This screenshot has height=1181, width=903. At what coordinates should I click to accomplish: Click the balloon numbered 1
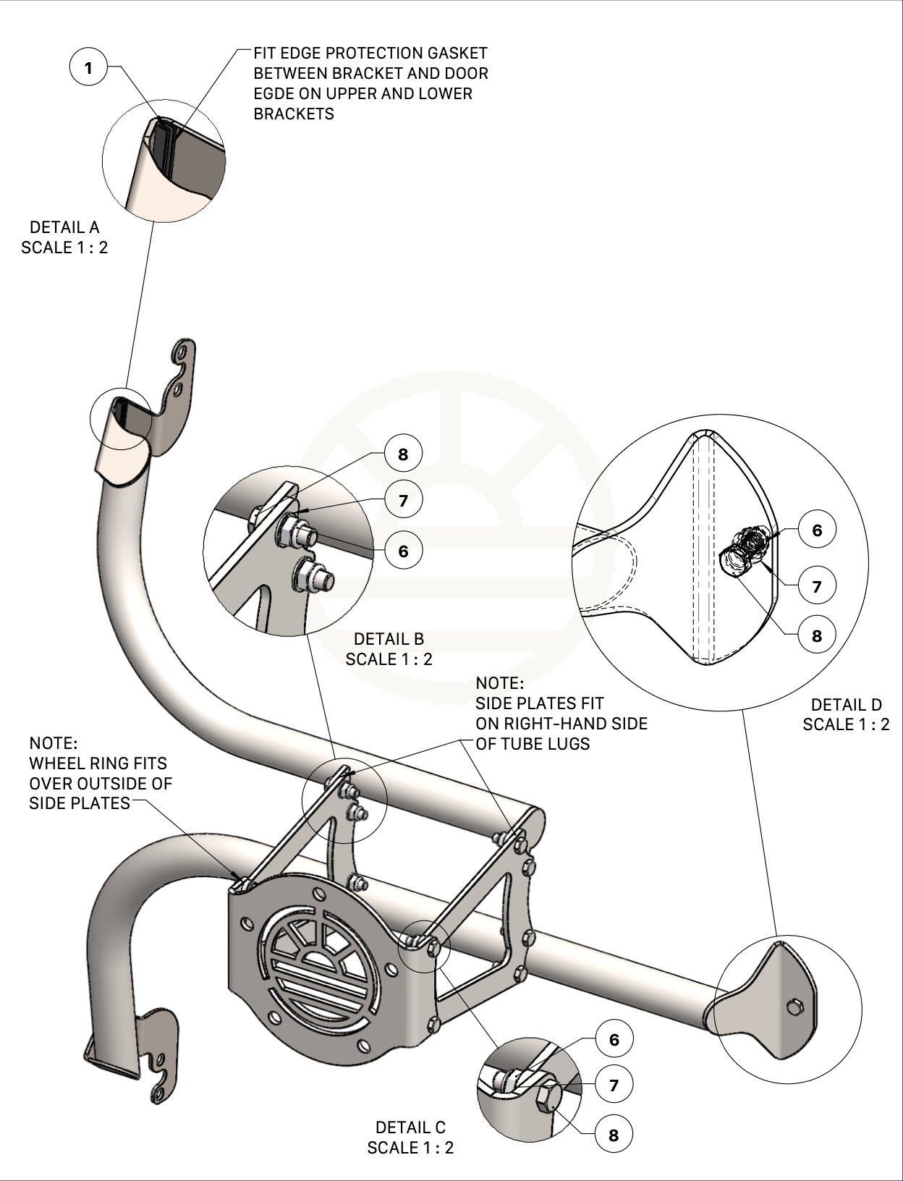(88, 69)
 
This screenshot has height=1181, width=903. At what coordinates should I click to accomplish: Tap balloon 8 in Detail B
(402, 454)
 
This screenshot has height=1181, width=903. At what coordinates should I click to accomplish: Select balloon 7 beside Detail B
(402, 500)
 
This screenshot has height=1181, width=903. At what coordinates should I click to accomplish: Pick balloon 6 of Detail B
(402, 551)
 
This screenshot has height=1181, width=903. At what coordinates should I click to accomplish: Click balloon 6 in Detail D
(817, 530)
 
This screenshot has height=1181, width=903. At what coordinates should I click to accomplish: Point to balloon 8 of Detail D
(817, 635)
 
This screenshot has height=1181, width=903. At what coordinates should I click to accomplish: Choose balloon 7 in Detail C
(614, 1085)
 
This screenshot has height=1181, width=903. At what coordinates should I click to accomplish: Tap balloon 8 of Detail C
(614, 1135)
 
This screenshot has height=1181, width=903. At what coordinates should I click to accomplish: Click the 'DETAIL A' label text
(64, 227)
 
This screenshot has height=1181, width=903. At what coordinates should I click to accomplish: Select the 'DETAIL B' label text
(389, 639)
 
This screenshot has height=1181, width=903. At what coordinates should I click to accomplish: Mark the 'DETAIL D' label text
(846, 705)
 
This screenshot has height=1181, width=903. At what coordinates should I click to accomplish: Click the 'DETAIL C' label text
(410, 1127)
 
